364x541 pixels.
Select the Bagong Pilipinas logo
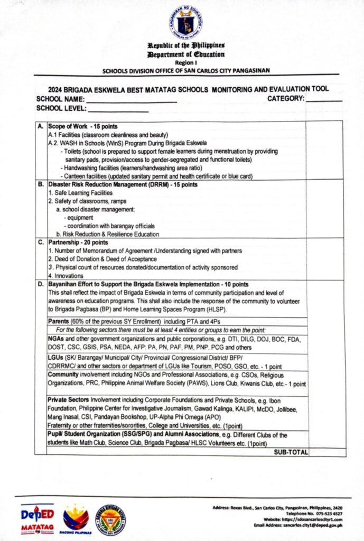click(76, 518)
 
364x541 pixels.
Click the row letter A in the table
click(40, 127)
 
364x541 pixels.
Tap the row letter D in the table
click(40, 284)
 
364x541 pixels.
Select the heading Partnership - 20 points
click(77, 242)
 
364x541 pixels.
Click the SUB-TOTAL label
click(291, 452)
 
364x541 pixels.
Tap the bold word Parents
click(59, 321)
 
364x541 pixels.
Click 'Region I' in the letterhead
click(186, 62)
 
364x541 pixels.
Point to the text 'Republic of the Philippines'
click(186, 46)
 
